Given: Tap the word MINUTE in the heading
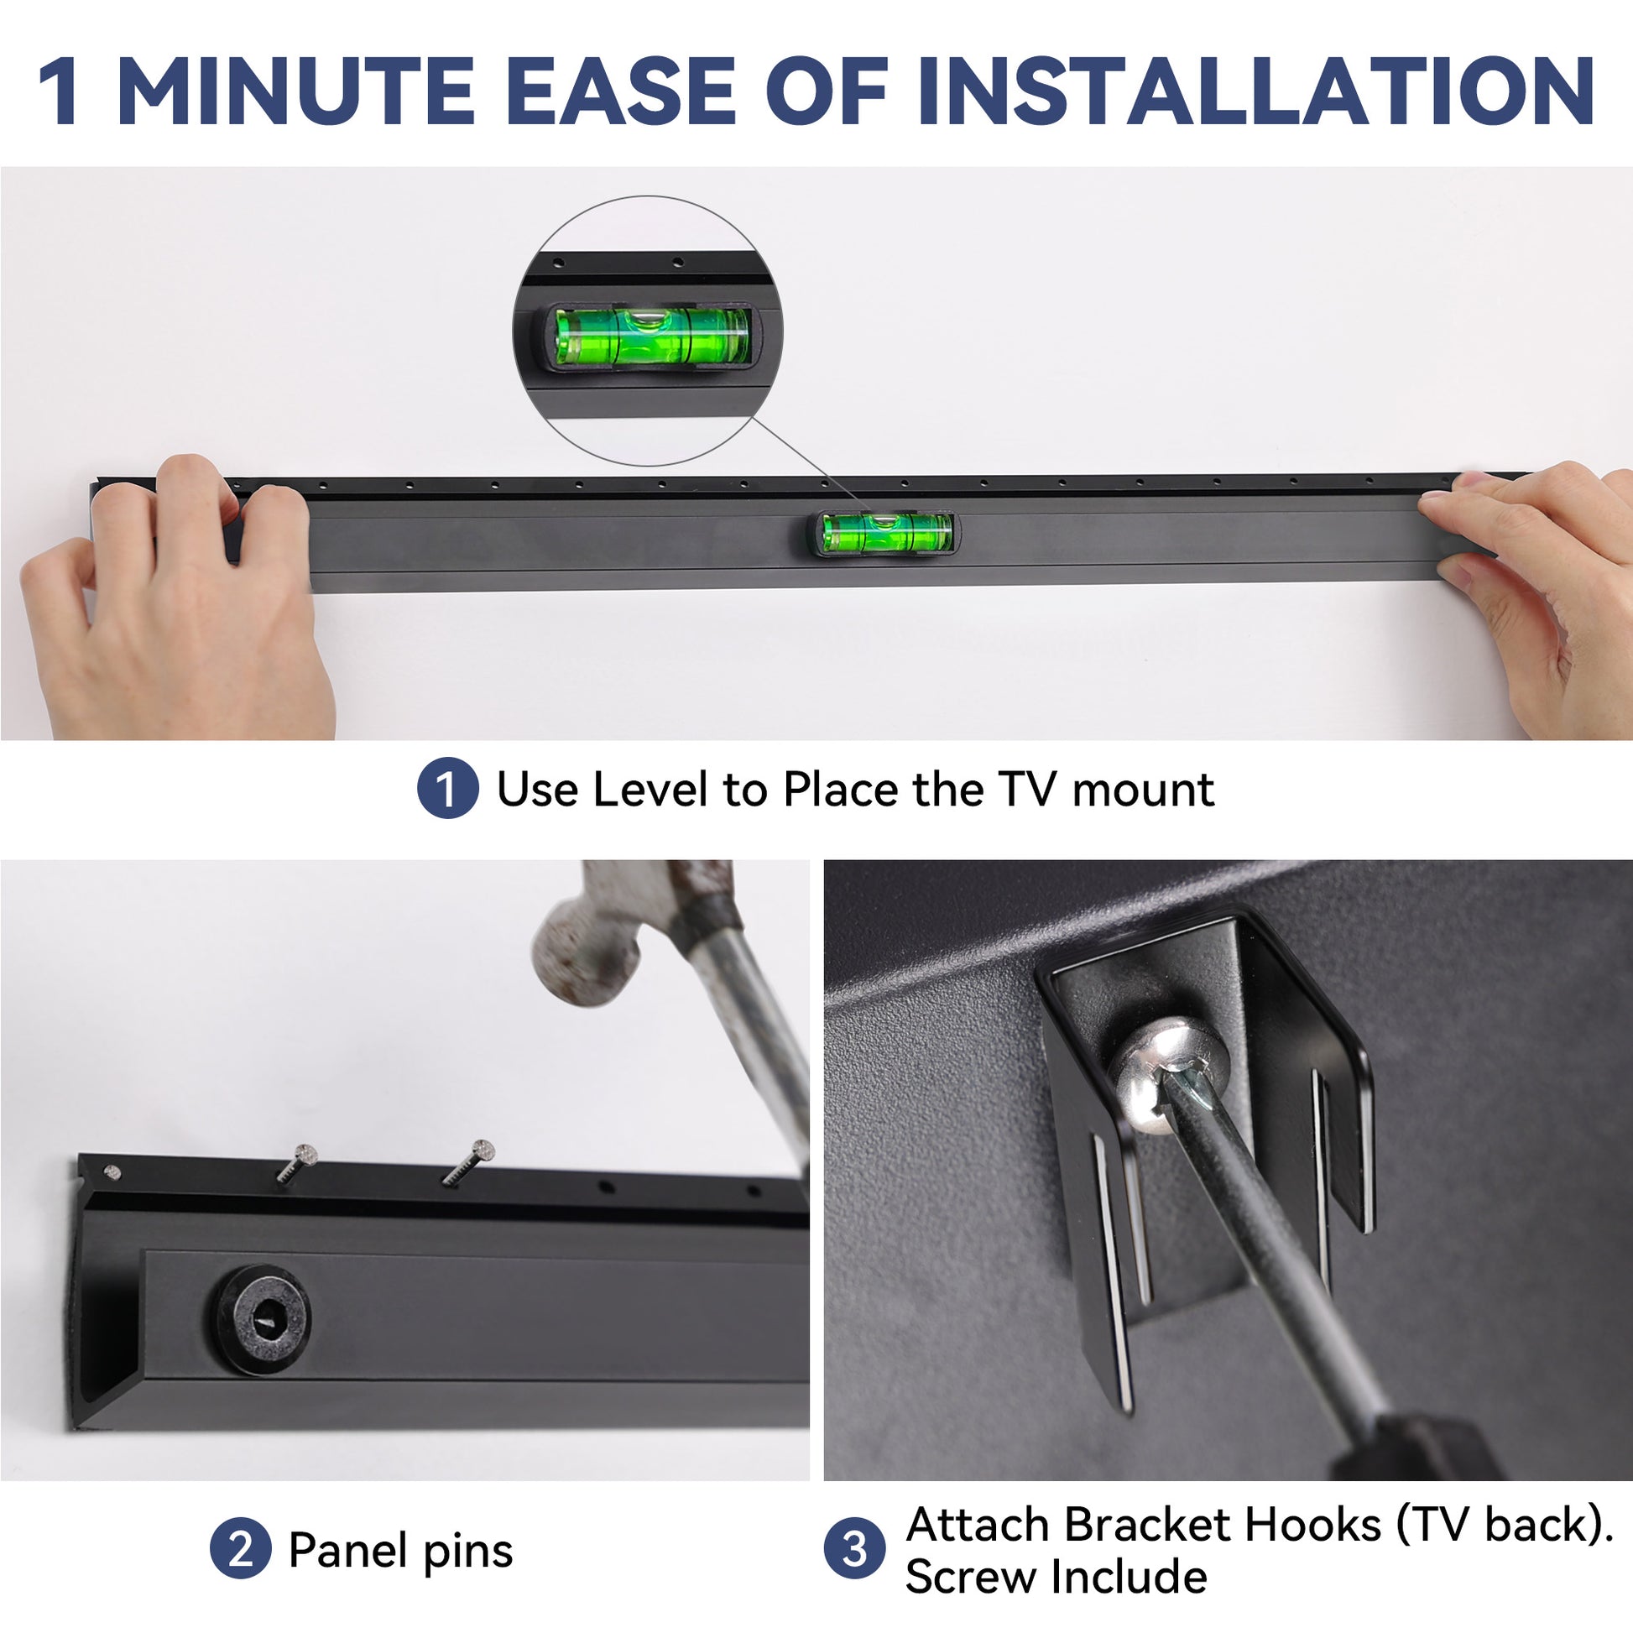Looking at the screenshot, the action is point(297,91).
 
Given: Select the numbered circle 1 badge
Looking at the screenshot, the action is point(448,788).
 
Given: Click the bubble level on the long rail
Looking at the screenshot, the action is point(886,534).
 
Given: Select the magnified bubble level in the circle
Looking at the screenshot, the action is point(651,337).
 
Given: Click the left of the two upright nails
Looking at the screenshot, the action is point(297,1163).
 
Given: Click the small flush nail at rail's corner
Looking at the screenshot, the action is point(111,1171).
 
